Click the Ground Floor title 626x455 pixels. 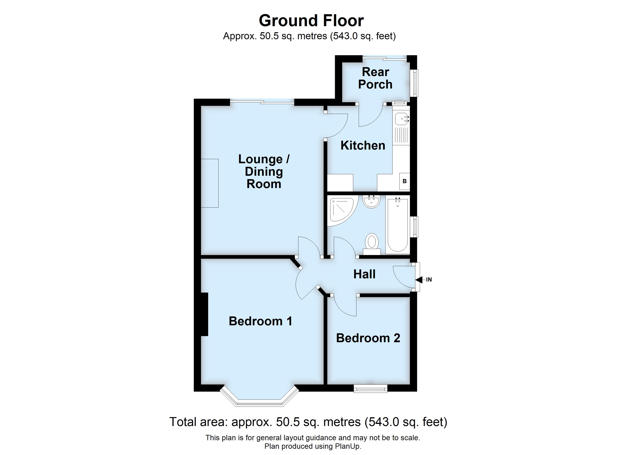[311, 21]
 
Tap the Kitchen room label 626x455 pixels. [363, 145]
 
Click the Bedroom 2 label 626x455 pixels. [368, 338]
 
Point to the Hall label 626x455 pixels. [364, 274]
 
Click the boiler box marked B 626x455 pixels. [405, 181]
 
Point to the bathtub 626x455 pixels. [397, 225]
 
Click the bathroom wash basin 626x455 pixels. [371, 201]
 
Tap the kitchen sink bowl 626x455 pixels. [401, 119]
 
